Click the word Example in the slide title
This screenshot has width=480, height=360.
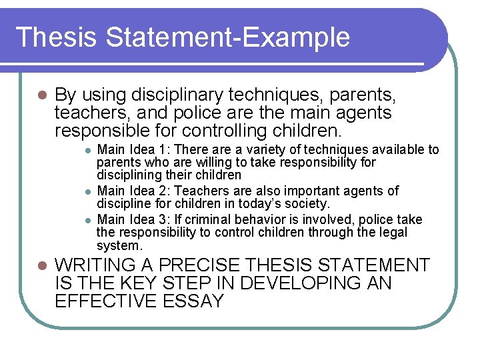[x=298, y=37]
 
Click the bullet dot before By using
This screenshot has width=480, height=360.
[x=41, y=96]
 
